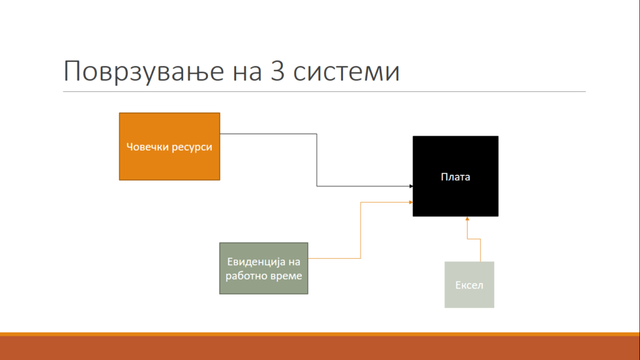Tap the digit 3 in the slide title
(277, 71)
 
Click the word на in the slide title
(247, 72)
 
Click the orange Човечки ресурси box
(169, 146)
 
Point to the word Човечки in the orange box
(145, 146)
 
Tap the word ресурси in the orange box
(190, 147)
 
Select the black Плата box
(456, 176)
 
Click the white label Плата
(456, 177)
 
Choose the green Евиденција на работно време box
(264, 268)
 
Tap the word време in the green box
(284, 276)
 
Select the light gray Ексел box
(469, 284)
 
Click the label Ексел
(469, 285)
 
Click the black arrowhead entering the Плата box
(411, 186)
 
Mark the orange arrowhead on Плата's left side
(411, 202)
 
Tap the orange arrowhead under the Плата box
(467, 219)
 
